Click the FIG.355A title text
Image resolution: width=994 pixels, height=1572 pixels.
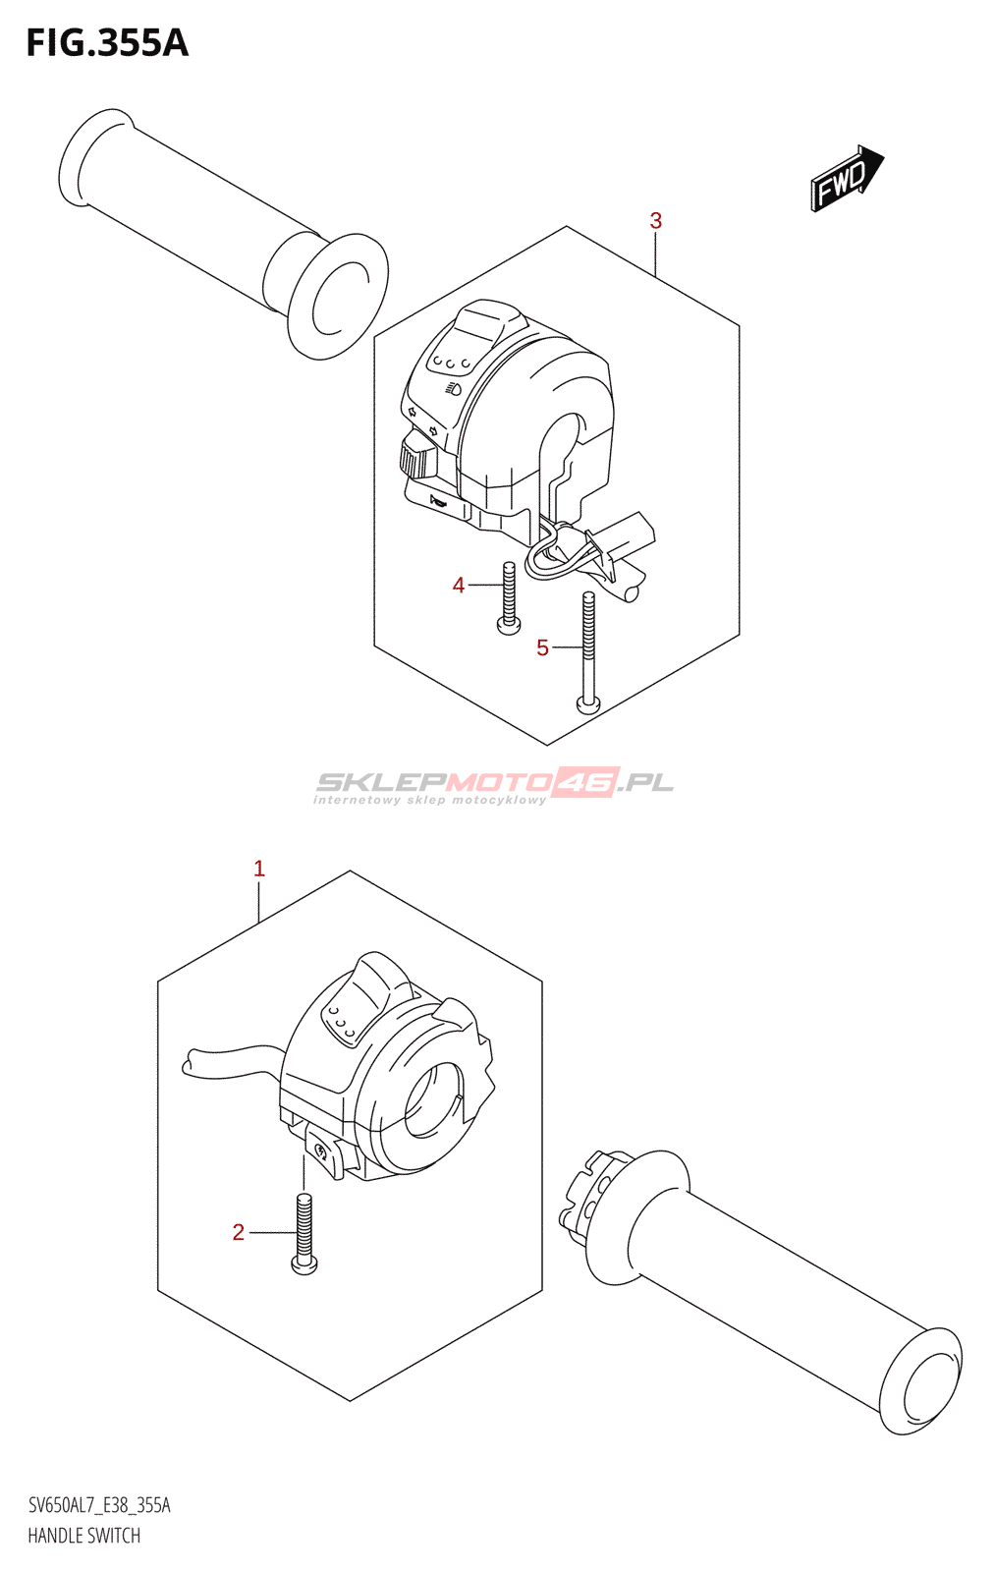tap(106, 43)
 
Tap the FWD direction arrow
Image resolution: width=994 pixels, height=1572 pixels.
tap(846, 179)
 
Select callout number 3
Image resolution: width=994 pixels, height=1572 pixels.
tap(655, 221)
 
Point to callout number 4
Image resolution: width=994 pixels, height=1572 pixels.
tap(458, 586)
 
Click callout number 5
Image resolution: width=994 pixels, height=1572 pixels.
tap(542, 647)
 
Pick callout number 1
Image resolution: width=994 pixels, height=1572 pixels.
tap(259, 869)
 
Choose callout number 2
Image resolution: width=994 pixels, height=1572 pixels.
tap(238, 1232)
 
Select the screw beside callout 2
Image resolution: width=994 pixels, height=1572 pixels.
tap(304, 1233)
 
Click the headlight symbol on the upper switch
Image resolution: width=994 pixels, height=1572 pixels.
tap(453, 390)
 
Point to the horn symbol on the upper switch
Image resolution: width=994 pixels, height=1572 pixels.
tap(439, 504)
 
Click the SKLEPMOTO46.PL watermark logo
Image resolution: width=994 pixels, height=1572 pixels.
tap(494, 783)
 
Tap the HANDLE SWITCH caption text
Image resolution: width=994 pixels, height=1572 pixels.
tap(83, 1536)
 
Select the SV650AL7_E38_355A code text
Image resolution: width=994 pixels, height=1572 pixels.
tap(99, 1505)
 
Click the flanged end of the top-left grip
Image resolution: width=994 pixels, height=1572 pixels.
tap(337, 296)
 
